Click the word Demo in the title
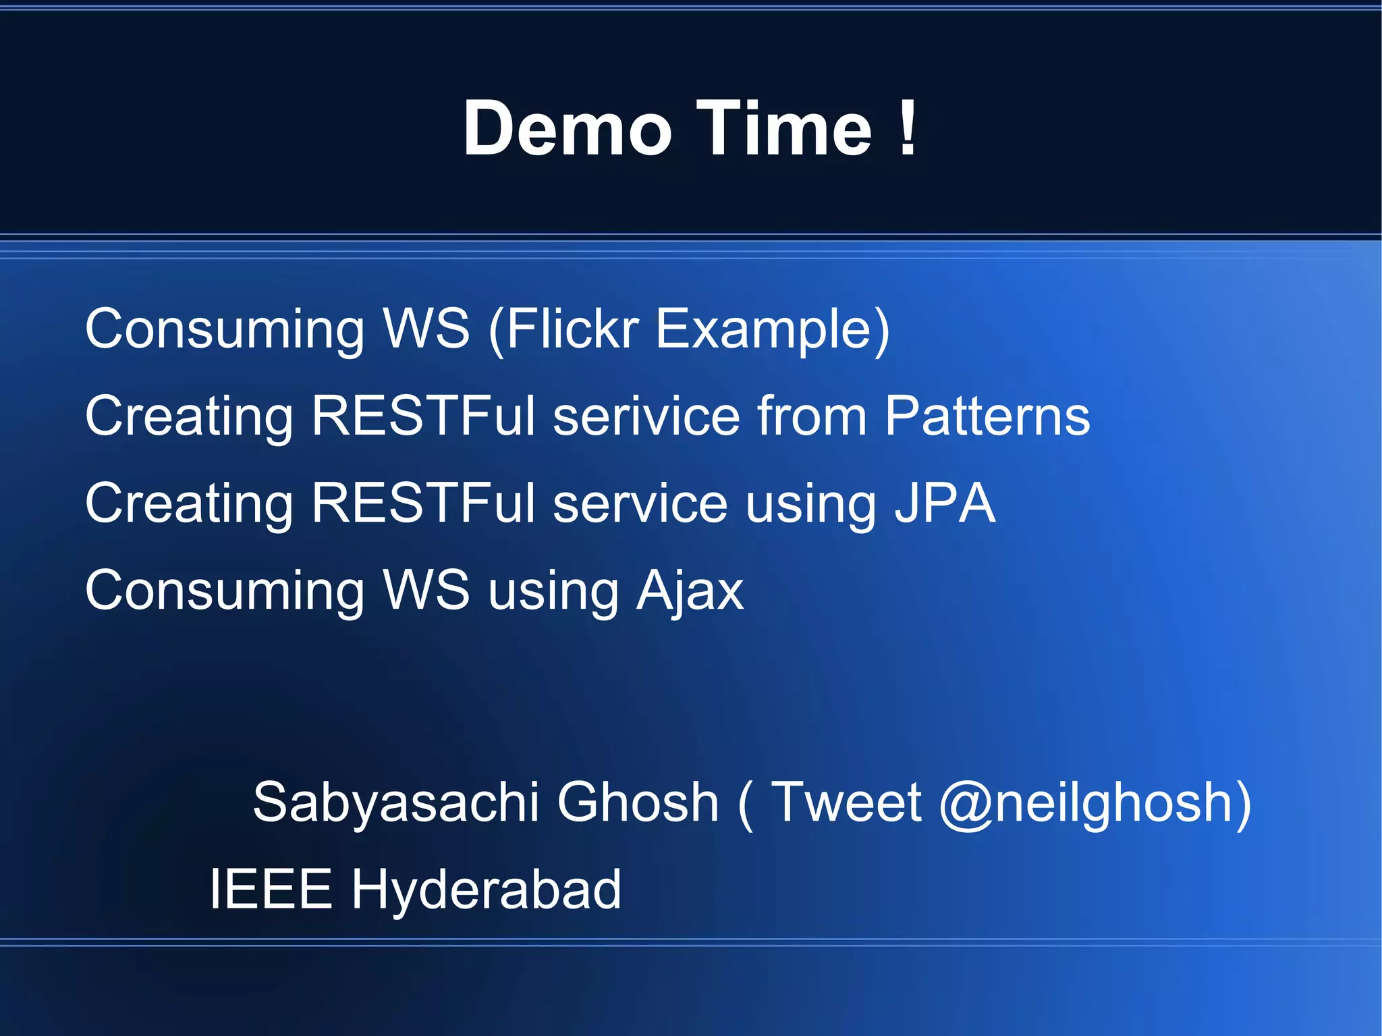point(567,128)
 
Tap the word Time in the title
point(784,128)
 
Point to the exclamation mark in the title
point(908,128)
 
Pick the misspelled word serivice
point(646,416)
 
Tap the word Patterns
point(987,416)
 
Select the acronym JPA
point(945,503)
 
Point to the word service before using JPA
point(640,503)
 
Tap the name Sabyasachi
point(395,803)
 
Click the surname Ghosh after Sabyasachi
point(638,802)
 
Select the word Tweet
point(846,802)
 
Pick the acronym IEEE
point(271,889)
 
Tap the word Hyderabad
point(485,890)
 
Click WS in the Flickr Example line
point(426,329)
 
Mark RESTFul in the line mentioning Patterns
point(424,416)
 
